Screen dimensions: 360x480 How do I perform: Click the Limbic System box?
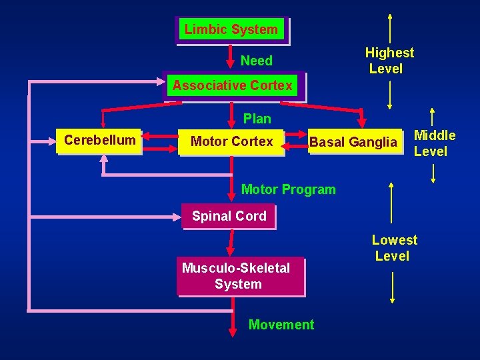point(231,30)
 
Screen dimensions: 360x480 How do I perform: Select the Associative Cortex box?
point(232,86)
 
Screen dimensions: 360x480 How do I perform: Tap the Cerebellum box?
point(99,141)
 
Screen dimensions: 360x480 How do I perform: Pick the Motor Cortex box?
point(231,141)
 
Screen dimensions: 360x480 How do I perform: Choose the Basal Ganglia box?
point(353,142)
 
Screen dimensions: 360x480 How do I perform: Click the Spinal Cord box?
point(229,216)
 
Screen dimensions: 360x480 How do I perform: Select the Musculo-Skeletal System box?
point(237,276)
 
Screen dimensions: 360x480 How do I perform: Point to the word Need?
point(257,61)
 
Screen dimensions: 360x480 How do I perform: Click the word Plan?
point(257,119)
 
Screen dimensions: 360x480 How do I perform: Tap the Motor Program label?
point(288,189)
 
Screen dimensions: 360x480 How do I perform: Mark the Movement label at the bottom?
point(281,325)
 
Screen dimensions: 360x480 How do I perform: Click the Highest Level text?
point(389,61)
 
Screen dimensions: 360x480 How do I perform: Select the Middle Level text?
point(434,143)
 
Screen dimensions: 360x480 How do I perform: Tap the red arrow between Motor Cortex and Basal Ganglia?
point(295,141)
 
